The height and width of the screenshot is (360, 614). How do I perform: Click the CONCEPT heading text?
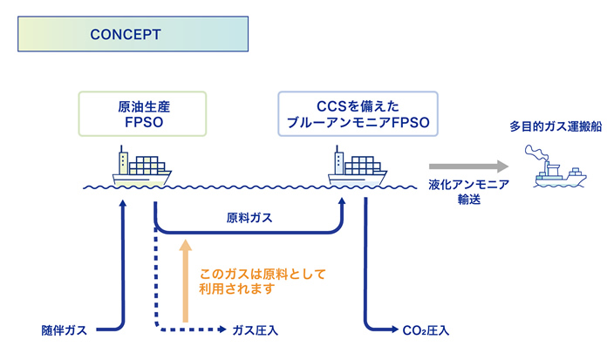coord(125,35)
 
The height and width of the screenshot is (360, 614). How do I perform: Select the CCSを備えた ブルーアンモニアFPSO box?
coord(355,114)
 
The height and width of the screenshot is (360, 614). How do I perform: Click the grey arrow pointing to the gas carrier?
coord(468,166)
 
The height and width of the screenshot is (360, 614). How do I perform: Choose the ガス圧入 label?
coord(254,330)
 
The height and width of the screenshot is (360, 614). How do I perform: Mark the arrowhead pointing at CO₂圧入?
coord(392,330)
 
